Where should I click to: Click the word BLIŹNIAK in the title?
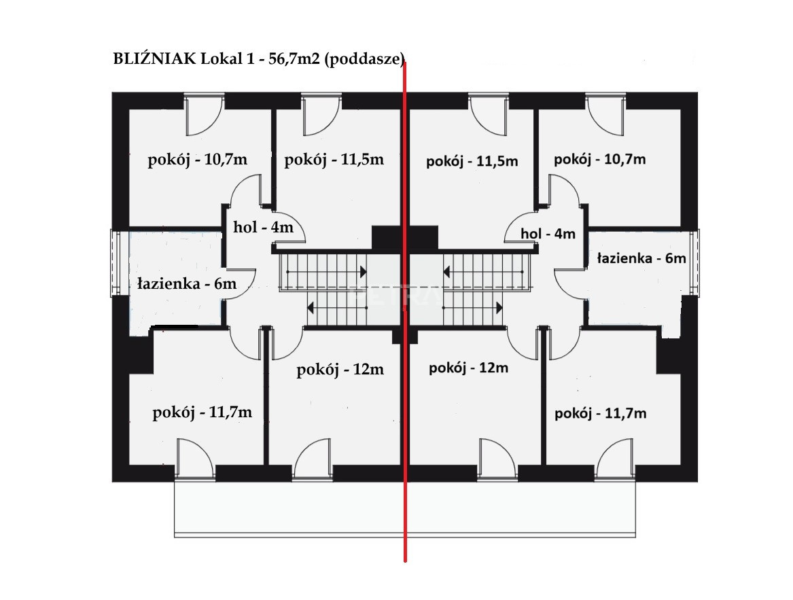point(155,58)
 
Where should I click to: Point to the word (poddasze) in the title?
point(364,60)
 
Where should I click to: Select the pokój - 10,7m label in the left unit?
point(197,160)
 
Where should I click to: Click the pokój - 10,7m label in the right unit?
point(600,160)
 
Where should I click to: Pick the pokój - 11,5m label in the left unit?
point(334,160)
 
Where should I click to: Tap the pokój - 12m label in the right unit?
point(468,368)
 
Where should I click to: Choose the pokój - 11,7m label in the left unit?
point(202,413)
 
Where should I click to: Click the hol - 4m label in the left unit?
point(263,227)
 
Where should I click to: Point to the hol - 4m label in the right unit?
point(548,234)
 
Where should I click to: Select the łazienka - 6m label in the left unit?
point(187,283)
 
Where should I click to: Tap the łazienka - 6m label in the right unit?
point(641,258)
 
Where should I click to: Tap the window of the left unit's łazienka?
point(116,263)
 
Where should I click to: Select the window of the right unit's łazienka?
point(694,262)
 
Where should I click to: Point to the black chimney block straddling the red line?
point(404,238)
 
